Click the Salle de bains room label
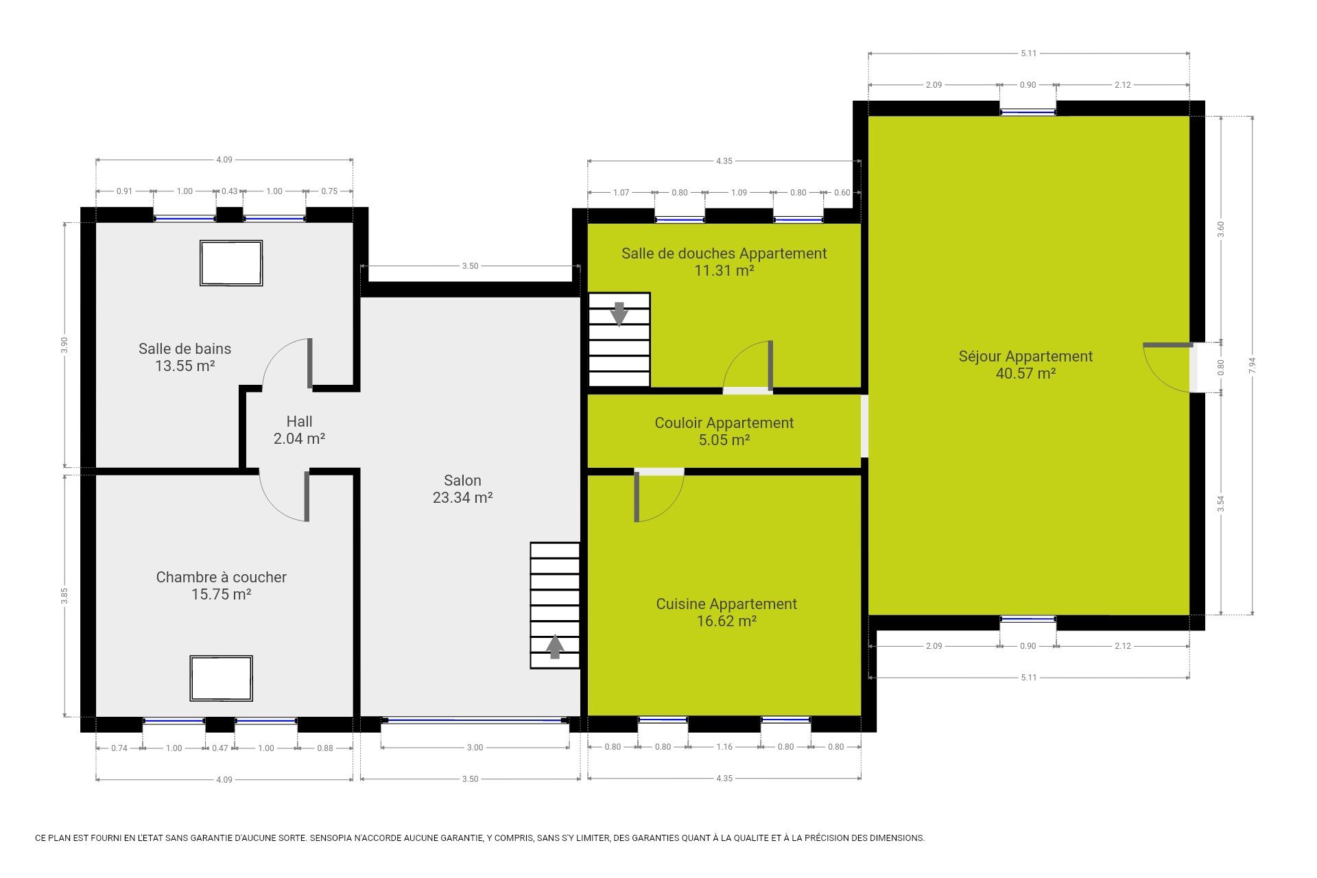click(x=185, y=348)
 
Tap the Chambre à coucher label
click(x=221, y=577)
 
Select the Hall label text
click(x=299, y=421)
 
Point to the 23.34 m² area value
click(x=462, y=498)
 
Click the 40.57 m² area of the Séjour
click(x=1025, y=373)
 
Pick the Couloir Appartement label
click(x=724, y=423)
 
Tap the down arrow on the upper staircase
click(x=619, y=313)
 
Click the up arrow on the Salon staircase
click(x=555, y=647)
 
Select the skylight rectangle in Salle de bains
click(x=231, y=263)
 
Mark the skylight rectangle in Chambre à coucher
click(x=222, y=678)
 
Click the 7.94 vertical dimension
click(x=1253, y=365)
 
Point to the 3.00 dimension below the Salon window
click(x=475, y=748)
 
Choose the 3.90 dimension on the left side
click(x=64, y=345)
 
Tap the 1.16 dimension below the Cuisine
click(x=724, y=747)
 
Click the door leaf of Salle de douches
click(x=770, y=365)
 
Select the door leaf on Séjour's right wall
click(x=1167, y=345)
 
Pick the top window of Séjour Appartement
click(x=1028, y=111)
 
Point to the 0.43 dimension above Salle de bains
click(x=230, y=191)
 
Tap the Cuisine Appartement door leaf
click(x=637, y=497)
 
